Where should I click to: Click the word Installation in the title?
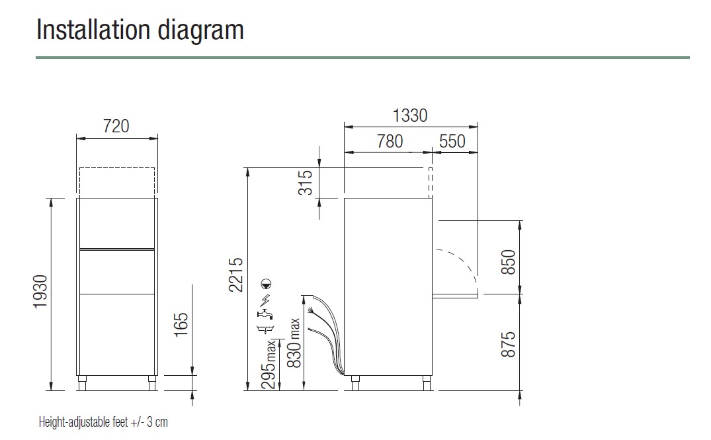tap(93, 30)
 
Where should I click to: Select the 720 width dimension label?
tap(116, 126)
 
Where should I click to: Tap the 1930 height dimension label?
tap(41, 292)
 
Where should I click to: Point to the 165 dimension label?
tap(181, 324)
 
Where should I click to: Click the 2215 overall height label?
tap(236, 275)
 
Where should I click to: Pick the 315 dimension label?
tap(305, 183)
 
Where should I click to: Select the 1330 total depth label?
tap(410, 116)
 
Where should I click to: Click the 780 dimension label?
tap(390, 141)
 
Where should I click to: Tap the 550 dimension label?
tap(452, 141)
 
